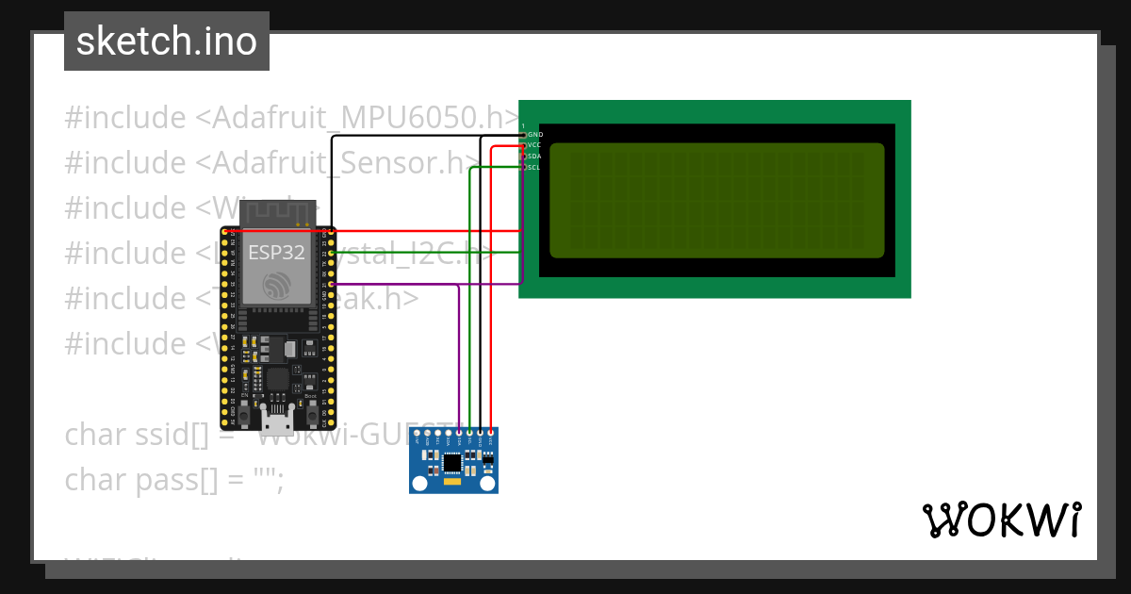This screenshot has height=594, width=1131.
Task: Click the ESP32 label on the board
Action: [270, 253]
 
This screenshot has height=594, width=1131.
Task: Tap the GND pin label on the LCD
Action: [534, 135]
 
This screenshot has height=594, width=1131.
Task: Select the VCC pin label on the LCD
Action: [534, 146]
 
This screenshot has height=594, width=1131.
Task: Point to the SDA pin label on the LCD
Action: [534, 157]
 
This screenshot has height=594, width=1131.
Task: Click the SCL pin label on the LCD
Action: [534, 168]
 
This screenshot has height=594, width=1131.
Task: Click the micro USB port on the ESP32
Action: [278, 411]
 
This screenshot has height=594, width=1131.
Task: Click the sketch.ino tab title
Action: [167, 41]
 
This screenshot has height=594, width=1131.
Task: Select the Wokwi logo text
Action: [1001, 520]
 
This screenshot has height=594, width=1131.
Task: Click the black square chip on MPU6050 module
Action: [454, 462]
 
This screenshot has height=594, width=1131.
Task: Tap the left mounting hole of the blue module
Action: [420, 483]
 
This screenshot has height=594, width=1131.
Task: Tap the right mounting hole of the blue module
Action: [487, 483]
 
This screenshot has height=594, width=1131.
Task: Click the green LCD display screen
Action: [716, 200]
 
